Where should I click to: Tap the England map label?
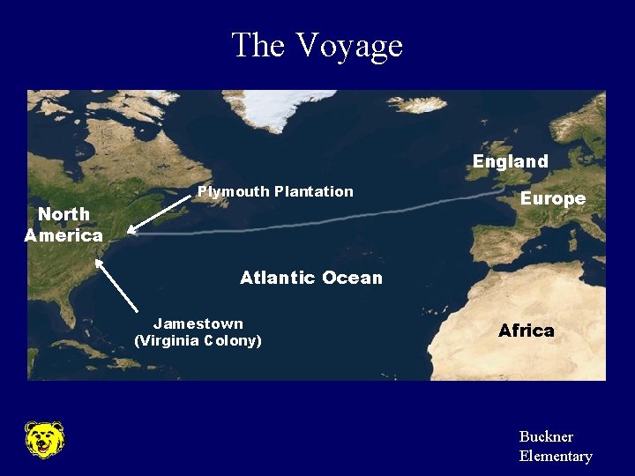click(510, 161)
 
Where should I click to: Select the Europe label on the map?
click(552, 198)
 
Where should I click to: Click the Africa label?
click(526, 331)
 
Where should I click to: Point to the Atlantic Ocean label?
click(310, 278)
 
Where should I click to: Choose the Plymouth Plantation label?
click(275, 191)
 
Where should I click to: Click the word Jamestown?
click(198, 324)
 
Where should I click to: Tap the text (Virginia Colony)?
click(198, 340)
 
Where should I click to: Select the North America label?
click(63, 225)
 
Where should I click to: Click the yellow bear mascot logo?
click(43, 439)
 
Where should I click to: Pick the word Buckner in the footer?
click(546, 436)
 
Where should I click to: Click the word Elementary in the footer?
click(555, 456)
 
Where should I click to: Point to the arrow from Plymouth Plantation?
click(159, 214)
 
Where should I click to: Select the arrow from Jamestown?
click(116, 284)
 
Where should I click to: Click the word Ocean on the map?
click(352, 278)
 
